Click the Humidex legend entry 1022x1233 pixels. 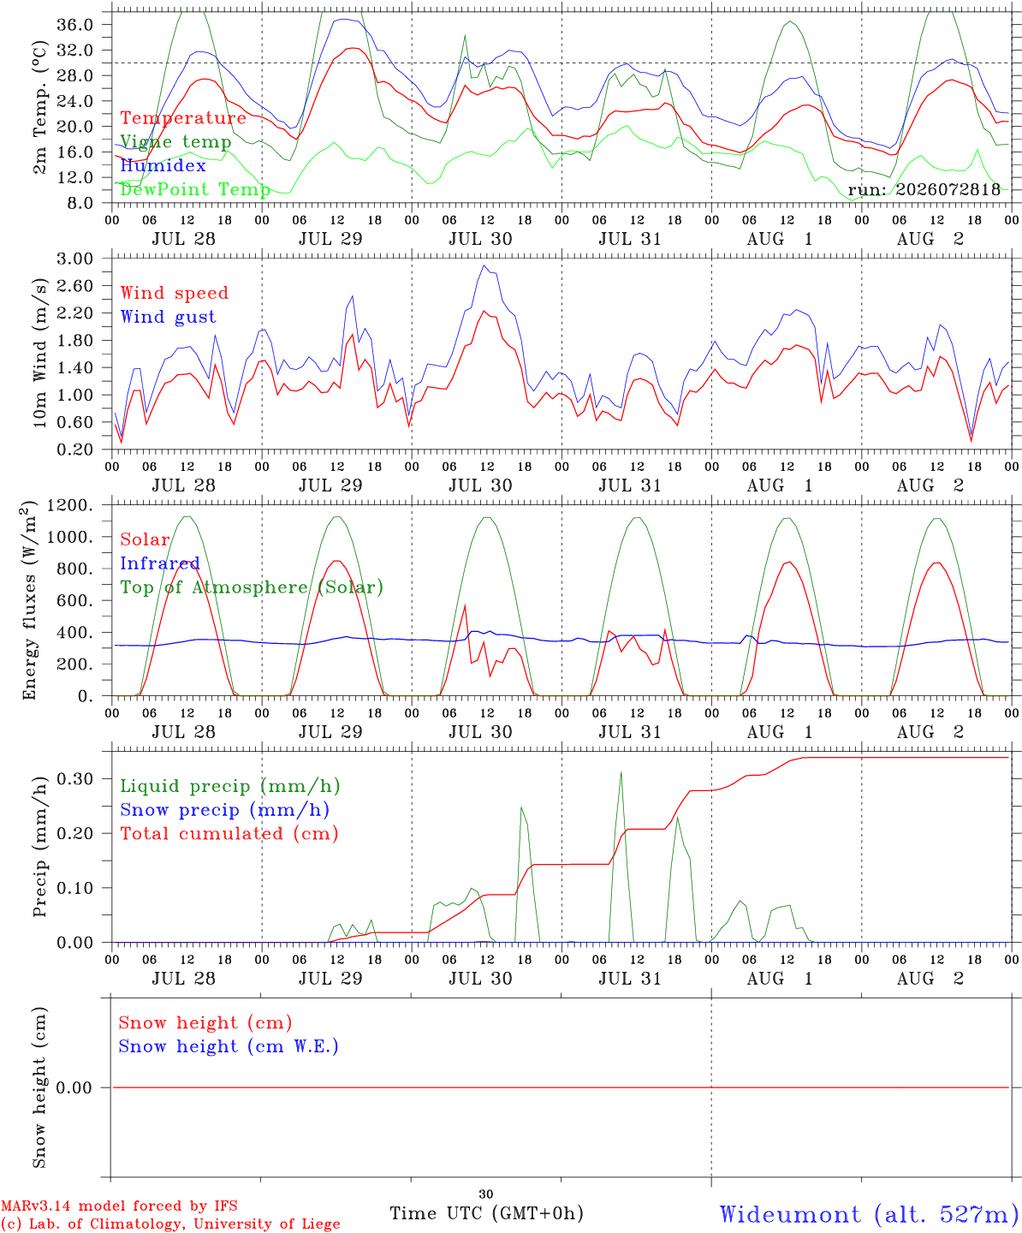(163, 165)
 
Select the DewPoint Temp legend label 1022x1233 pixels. (195, 189)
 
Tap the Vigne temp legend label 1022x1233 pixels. (176, 142)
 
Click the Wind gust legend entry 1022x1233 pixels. (169, 317)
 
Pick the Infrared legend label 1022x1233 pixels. (160, 563)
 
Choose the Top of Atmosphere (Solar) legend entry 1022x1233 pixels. (253, 587)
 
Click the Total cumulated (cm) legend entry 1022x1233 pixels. (229, 833)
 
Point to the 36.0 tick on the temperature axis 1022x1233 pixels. (74, 25)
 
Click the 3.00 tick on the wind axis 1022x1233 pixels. (74, 259)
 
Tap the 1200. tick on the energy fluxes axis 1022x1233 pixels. (70, 505)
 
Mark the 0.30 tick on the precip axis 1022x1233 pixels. (74, 779)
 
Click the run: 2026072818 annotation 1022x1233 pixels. (924, 189)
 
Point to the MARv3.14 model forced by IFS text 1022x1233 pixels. (119, 1206)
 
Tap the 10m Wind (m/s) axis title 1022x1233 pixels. (39, 353)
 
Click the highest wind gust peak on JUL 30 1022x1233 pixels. (484, 265)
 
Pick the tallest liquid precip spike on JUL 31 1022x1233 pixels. (621, 771)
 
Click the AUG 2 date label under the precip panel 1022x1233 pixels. (930, 979)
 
